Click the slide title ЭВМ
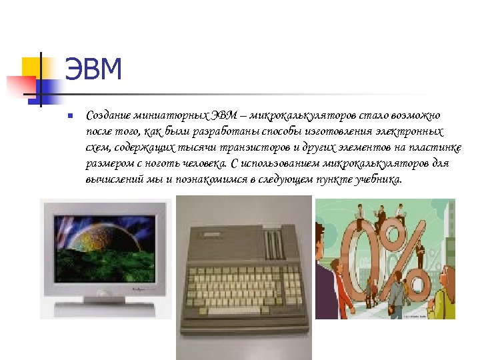[x=93, y=71]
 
